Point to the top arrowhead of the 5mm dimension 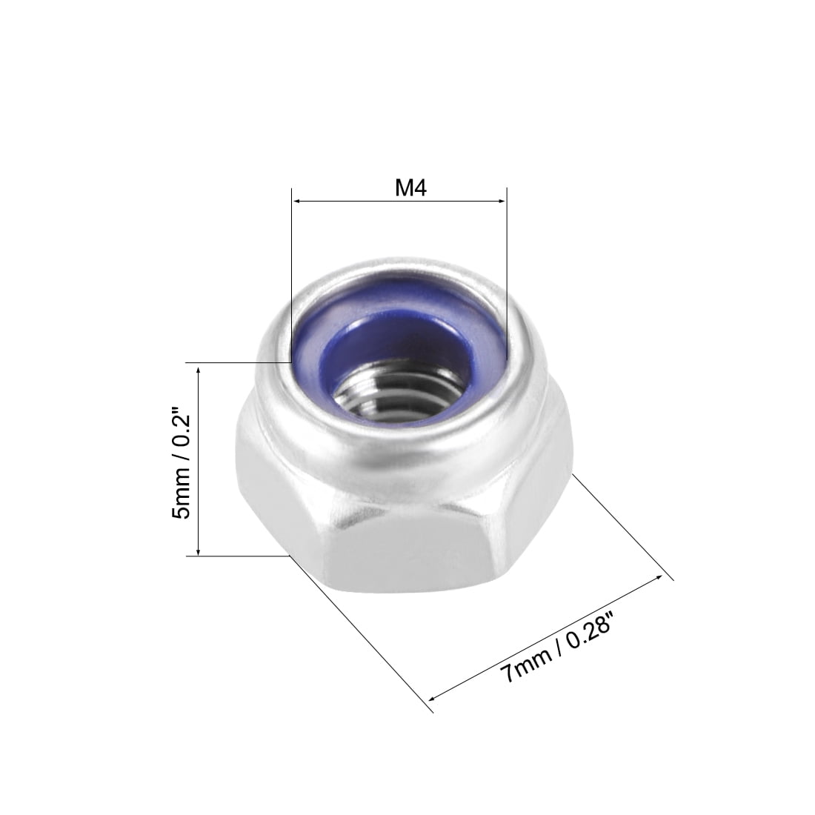[198, 367]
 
